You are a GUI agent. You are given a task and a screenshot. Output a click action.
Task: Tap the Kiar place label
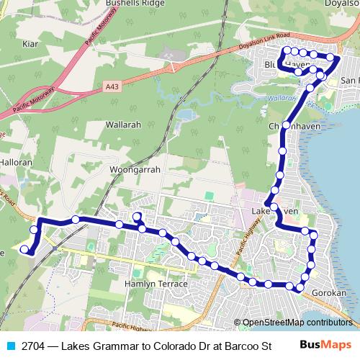[30, 44]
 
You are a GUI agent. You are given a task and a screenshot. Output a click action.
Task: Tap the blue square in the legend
[9, 345]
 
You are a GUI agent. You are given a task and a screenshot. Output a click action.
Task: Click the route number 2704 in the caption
[33, 345]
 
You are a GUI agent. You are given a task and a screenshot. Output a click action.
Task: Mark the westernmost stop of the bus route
[24, 250]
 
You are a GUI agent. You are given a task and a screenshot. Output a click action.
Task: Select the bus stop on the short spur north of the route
[136, 217]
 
